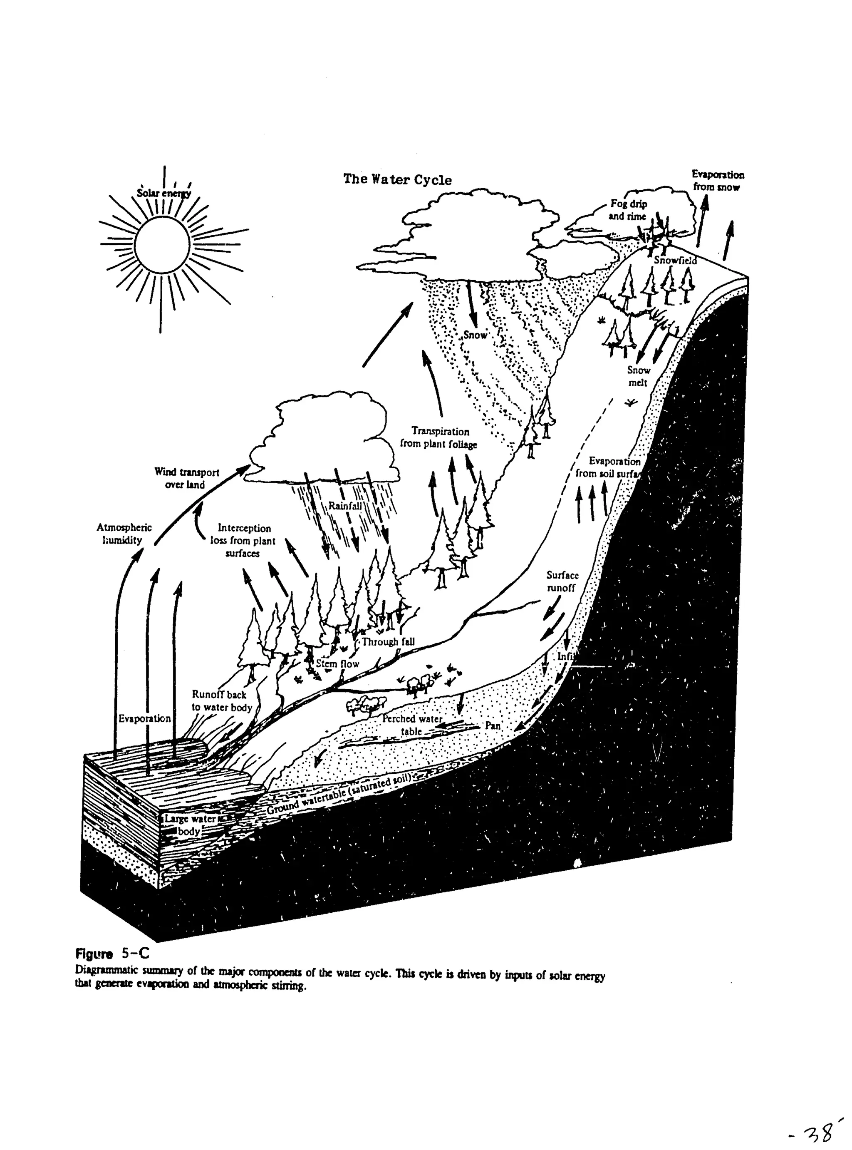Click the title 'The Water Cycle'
(397, 179)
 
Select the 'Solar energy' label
(163, 194)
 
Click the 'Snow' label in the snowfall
(475, 335)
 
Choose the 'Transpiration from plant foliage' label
(439, 437)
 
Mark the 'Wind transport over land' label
(186, 478)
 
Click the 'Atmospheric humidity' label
(124, 534)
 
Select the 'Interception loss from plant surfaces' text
(243, 540)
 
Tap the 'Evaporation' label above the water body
(144, 718)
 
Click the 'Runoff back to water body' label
(221, 700)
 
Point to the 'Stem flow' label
(337, 663)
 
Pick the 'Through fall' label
(388, 641)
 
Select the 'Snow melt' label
(638, 376)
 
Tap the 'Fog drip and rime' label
(628, 210)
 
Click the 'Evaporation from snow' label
(717, 181)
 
